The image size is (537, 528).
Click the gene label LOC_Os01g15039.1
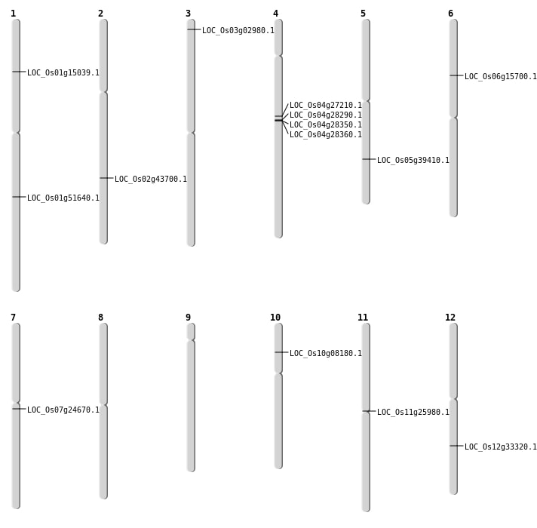pos(63,73)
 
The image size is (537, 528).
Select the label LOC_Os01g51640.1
pos(63,198)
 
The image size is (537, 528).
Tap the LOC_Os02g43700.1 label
pos(151,180)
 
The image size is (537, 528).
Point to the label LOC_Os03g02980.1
pos(238,31)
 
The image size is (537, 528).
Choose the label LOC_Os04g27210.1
pos(326,106)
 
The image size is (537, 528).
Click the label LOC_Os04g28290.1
pos(326,115)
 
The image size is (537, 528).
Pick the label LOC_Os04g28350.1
pos(326,125)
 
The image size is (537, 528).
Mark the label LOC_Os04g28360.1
pos(326,135)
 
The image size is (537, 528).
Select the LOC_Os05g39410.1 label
pos(413,161)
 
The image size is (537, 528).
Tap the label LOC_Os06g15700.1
pos(501,77)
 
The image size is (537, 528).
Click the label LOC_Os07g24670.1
pos(63,410)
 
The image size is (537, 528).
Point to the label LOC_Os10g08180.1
pos(326,354)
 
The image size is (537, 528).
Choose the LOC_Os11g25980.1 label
pos(413,413)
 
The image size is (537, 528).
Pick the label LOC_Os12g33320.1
pos(501,447)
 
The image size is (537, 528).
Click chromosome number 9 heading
pos(188,318)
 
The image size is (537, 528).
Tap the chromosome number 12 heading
pos(450,318)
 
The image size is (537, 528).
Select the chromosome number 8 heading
pos(100,318)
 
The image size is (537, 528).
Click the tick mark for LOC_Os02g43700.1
pos(106,178)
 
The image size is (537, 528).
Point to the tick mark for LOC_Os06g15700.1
pos(456,75)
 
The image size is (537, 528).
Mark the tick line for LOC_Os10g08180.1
pos(281,352)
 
